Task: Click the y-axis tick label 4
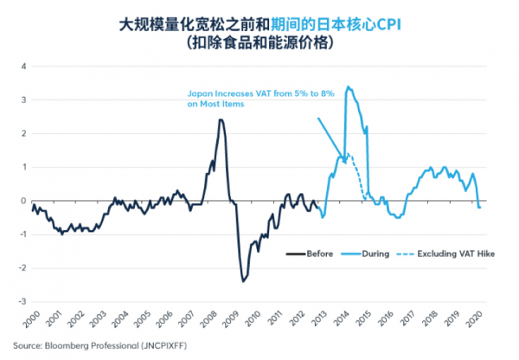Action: click(23, 66)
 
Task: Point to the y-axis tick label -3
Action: click(22, 302)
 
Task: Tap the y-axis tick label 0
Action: click(23, 201)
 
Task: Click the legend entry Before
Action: click(311, 254)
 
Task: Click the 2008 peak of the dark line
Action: click(221, 119)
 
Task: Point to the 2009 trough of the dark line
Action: click(244, 280)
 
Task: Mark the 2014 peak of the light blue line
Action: click(348, 87)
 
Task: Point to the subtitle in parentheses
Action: click(259, 42)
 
